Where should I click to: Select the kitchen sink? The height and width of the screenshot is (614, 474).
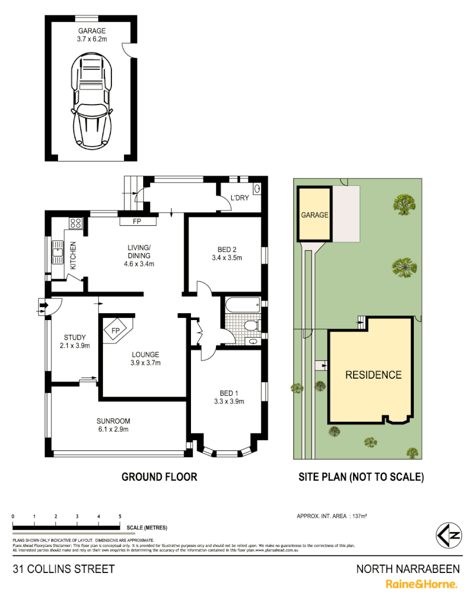click(x=57, y=250)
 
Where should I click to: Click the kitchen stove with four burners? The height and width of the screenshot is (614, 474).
click(x=76, y=223)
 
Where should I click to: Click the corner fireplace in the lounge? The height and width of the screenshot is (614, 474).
click(x=116, y=330)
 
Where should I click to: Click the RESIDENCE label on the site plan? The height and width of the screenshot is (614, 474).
click(x=373, y=375)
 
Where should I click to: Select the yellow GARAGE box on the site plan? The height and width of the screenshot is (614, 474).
click(x=314, y=215)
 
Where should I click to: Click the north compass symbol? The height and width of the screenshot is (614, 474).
click(x=448, y=534)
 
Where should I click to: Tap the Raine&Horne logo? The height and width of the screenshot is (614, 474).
click(x=421, y=584)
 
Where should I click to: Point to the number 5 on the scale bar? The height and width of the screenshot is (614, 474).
click(x=120, y=516)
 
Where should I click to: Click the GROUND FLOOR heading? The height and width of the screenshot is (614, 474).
click(x=159, y=476)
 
